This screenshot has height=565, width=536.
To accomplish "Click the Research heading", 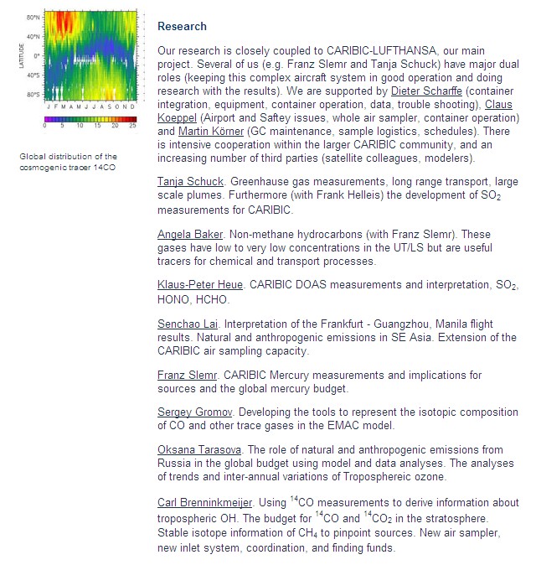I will coord(182,27).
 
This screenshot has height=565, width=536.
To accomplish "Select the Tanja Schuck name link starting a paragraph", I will coord(190,181).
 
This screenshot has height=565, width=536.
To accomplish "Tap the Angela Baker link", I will coord(190,235).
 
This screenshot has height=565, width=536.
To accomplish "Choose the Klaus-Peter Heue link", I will coord(198,285).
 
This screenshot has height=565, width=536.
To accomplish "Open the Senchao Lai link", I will coord(188,324).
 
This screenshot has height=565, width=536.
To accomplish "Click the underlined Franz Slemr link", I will coord(186,375).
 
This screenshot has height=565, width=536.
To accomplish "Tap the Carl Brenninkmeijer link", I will coord(205,502).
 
